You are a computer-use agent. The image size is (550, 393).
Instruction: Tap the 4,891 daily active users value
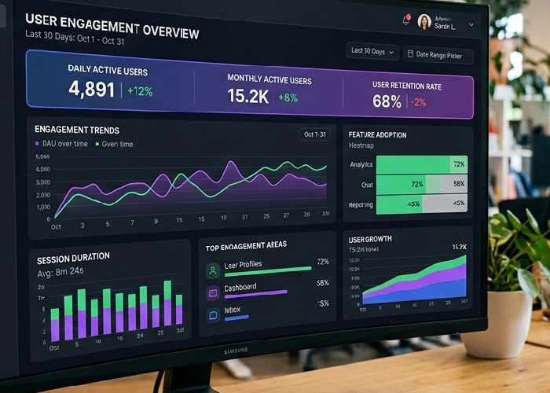92,89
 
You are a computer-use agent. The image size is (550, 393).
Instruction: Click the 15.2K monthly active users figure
248,96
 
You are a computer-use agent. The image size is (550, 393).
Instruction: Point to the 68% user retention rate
387,101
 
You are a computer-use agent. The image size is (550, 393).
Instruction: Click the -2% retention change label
418,102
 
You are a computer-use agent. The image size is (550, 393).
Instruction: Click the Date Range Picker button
438,54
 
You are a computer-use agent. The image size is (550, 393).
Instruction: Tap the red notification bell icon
407,20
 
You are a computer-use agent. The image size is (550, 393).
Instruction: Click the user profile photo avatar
424,22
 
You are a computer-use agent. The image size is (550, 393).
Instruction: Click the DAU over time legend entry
60,144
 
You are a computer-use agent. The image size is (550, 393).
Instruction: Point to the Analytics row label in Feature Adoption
361,165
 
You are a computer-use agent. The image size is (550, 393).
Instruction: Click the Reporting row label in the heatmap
361,204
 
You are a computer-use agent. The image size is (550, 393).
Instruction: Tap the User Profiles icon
212,270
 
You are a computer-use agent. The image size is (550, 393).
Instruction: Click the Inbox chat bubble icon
212,315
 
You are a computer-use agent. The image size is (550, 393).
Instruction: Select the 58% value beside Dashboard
322,283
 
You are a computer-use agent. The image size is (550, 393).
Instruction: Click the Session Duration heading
74,256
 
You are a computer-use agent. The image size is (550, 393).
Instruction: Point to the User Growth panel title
370,239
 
